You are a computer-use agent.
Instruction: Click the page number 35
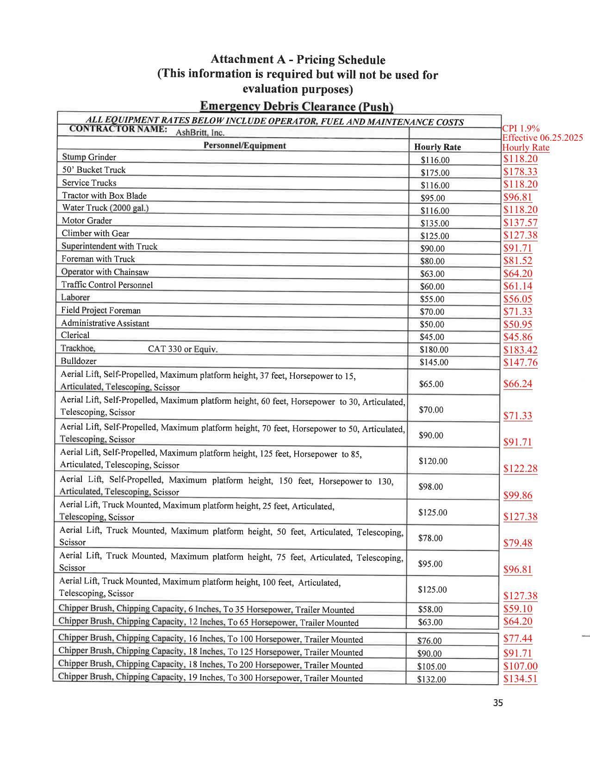point(497,703)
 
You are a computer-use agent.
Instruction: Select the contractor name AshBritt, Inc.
point(200,132)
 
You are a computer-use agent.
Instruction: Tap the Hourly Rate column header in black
point(437,147)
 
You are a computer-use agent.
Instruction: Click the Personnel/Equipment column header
point(244,145)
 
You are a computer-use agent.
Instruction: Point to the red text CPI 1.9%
point(521,129)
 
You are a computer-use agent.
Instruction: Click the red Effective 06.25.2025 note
point(542,138)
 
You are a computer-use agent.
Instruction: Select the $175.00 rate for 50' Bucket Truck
point(435,173)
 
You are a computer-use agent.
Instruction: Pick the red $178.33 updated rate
point(520,172)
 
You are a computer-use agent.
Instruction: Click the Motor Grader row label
point(87,220)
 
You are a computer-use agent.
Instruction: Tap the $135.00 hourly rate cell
point(435,223)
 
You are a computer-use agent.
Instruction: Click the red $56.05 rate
point(517,299)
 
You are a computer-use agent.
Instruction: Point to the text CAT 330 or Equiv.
point(182,349)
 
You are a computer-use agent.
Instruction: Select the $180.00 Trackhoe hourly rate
point(434,350)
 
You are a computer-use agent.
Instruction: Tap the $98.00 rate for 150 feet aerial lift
point(430,487)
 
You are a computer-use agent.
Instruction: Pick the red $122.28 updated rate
point(520,469)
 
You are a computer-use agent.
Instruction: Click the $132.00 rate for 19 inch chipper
point(431,679)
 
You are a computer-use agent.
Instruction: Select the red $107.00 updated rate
point(520,666)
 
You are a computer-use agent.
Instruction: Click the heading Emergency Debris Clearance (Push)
point(296,106)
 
